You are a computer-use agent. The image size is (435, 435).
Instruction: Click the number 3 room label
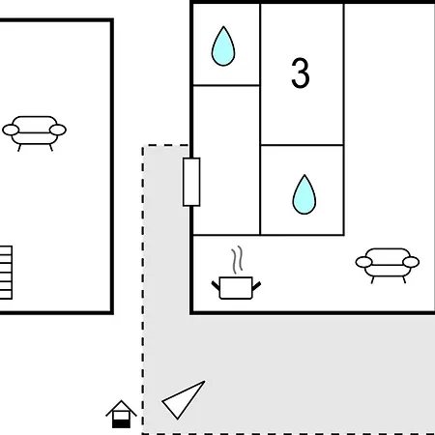[x=301, y=73]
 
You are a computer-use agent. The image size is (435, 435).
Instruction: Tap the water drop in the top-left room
[x=223, y=46]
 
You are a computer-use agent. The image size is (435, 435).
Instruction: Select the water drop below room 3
[x=304, y=195]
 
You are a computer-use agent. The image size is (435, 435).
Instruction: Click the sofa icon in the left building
[x=34, y=132]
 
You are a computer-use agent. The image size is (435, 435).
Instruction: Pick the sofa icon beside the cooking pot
[x=388, y=265]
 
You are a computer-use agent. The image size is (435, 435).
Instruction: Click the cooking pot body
[x=236, y=288]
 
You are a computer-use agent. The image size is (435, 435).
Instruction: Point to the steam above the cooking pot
[x=237, y=260]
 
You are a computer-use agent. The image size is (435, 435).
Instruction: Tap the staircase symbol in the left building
[x=6, y=273]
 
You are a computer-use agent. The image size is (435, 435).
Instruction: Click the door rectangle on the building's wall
[x=191, y=182]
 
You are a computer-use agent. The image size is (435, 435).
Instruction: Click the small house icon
[x=121, y=415]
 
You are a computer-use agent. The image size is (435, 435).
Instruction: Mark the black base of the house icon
[x=121, y=424]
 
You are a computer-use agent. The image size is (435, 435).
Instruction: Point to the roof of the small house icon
[x=121, y=407]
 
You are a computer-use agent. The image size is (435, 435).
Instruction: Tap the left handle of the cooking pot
[x=216, y=285]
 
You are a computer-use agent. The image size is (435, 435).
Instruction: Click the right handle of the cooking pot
[x=256, y=286]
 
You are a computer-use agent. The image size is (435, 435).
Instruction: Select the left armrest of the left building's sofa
[x=11, y=130]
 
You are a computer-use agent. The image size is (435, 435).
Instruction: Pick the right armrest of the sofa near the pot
[x=411, y=262]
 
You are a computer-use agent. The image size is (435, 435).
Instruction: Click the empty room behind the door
[x=226, y=160]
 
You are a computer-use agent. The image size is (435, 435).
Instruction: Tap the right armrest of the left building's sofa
[x=58, y=130]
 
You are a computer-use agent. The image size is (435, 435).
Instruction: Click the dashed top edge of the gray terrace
[x=165, y=146]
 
